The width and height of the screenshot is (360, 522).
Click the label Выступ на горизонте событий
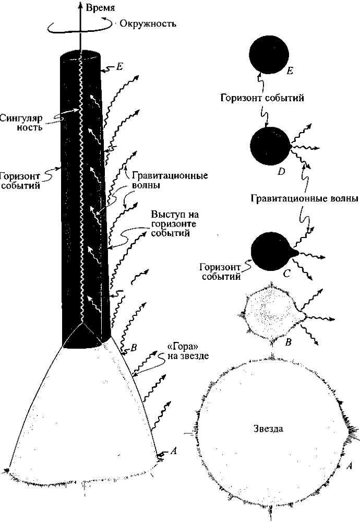(171, 224)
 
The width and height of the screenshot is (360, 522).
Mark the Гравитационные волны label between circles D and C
(304, 198)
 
